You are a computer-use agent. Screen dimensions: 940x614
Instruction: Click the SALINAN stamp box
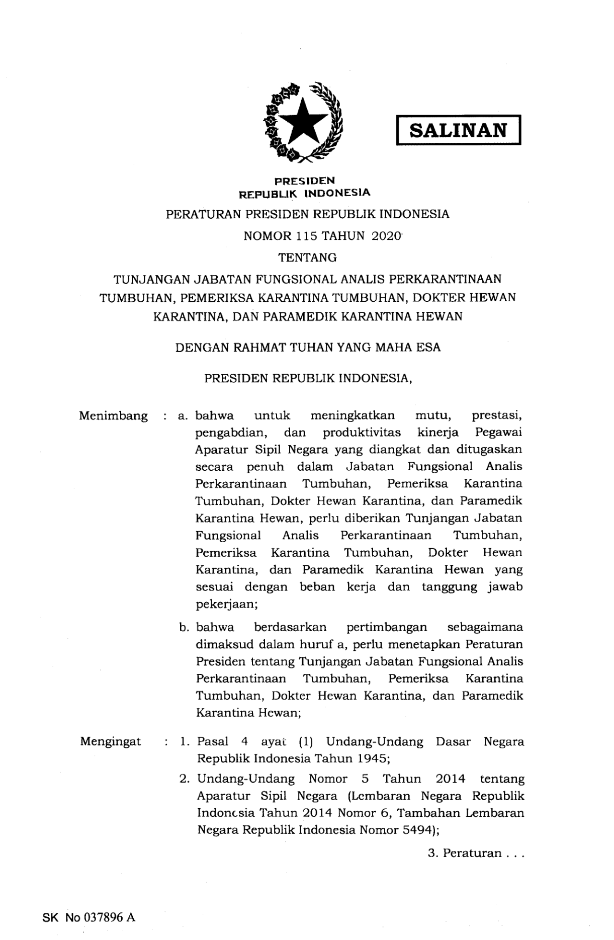click(x=458, y=130)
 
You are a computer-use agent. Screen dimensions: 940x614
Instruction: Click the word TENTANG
click(x=307, y=258)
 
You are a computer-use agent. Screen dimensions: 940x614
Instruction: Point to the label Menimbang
click(x=114, y=416)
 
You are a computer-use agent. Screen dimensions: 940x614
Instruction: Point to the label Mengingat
click(x=111, y=741)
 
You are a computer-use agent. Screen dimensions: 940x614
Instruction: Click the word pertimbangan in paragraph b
click(x=387, y=627)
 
